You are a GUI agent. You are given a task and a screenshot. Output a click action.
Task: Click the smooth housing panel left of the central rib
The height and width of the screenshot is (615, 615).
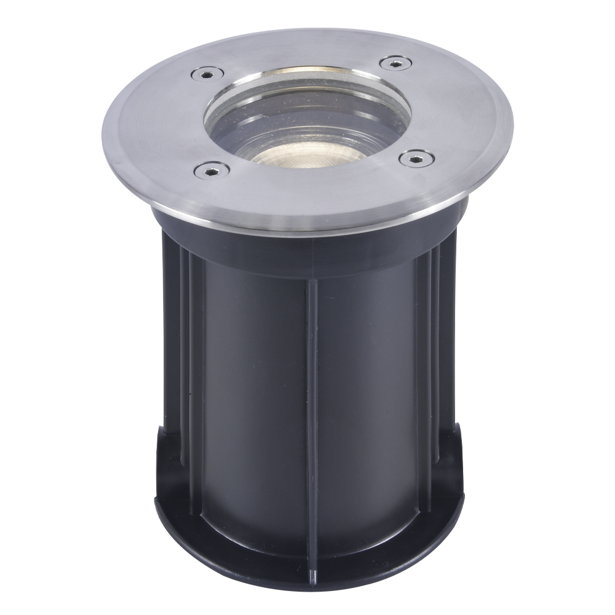click(252, 381)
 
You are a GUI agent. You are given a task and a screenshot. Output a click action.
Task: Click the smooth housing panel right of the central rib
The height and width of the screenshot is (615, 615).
click(369, 381)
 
